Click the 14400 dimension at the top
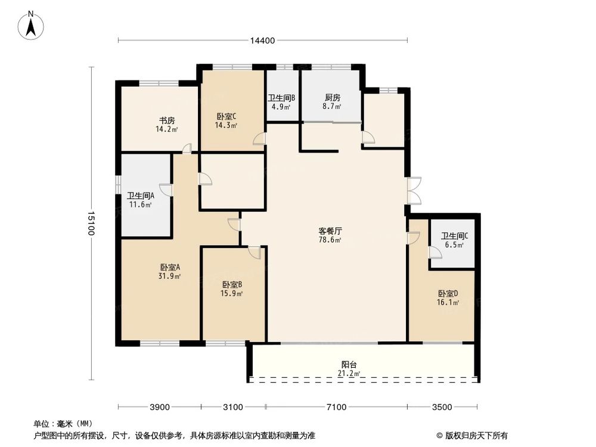(262, 41)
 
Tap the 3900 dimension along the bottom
(160, 407)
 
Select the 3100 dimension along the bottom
(233, 407)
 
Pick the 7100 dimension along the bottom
(336, 407)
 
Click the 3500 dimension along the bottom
(442, 407)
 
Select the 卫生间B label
(281, 98)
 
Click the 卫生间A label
(141, 195)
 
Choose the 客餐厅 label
(330, 231)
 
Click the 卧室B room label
(232, 284)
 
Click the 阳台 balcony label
(349, 365)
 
